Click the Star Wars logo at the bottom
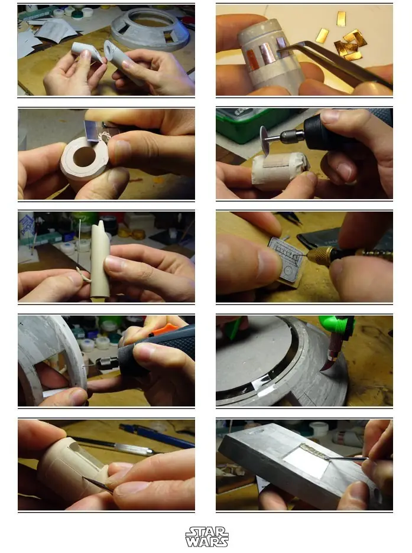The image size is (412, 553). [x=207, y=537]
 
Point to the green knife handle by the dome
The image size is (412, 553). [x=335, y=326]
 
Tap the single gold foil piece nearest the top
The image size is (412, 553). [x=340, y=18]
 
